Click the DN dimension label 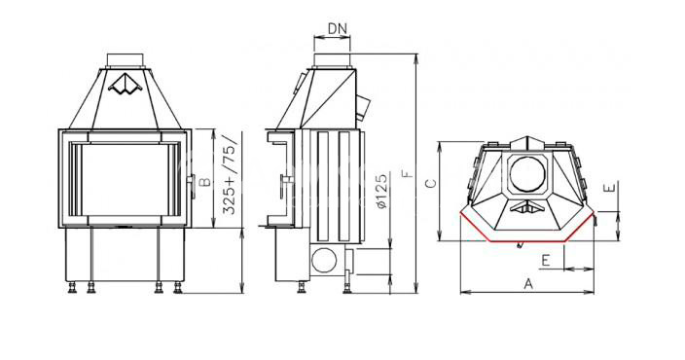coord(338,29)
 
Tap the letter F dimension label coord(407,173)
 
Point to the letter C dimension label coord(431,183)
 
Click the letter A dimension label coord(528,284)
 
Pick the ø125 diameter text coord(381,192)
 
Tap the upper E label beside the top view coord(611,188)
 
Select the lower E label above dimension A coord(545,261)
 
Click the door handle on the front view coord(192,181)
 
